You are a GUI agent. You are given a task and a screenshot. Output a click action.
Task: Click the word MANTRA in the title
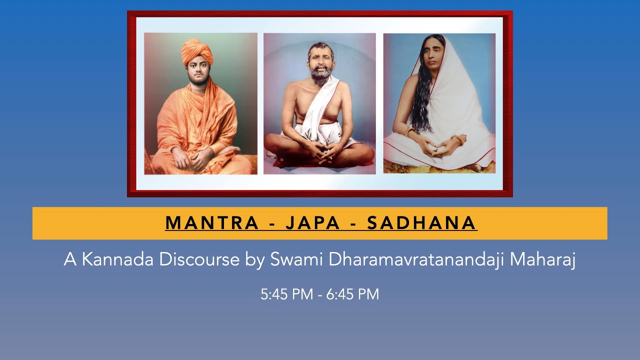pyautogui.click(x=211, y=223)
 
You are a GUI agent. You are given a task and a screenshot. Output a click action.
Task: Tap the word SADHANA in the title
pyautogui.click(x=422, y=223)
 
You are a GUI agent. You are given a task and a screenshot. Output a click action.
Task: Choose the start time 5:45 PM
pyautogui.click(x=286, y=294)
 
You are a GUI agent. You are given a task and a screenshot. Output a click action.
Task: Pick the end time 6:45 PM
pyautogui.click(x=352, y=294)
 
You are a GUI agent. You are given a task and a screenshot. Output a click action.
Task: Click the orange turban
pyautogui.click(x=197, y=51)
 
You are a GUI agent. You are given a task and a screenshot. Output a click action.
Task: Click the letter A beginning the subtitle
pyautogui.click(x=68, y=260)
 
